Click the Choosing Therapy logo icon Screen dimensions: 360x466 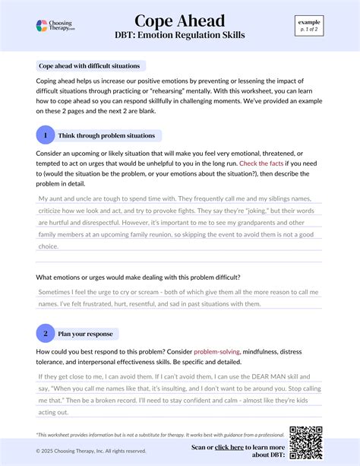point(43,26)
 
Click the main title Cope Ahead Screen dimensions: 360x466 point(180,21)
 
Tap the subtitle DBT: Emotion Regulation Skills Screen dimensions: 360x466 point(180,35)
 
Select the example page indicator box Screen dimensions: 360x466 point(309,25)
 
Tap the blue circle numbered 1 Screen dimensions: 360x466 point(46,135)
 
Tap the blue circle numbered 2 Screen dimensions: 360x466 point(46,333)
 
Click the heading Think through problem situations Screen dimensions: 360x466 point(107,135)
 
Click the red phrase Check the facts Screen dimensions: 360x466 point(262,163)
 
